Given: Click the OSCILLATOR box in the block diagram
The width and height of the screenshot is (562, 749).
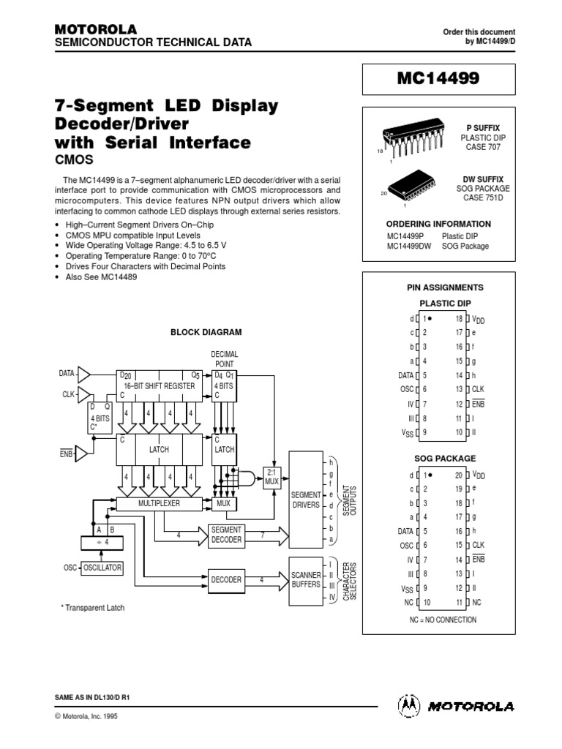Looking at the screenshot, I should (102, 568).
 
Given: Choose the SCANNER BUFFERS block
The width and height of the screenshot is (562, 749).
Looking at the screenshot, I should (304, 579).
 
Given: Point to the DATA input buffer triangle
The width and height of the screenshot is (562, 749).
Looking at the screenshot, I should (84, 374).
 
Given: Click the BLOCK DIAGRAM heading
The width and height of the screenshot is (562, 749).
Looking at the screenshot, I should (206, 331).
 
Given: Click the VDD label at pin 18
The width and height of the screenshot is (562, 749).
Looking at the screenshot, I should (479, 319).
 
